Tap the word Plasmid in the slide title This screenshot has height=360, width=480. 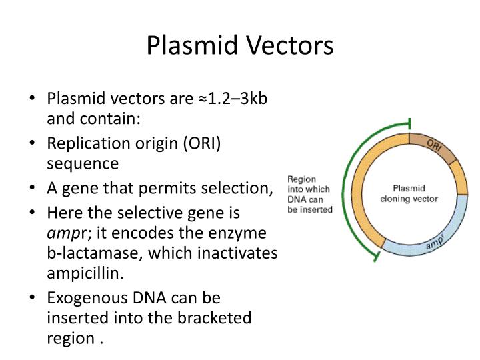189,46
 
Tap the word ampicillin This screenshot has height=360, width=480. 84,273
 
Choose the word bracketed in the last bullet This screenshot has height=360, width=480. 213,317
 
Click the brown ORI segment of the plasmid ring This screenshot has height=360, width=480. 433,149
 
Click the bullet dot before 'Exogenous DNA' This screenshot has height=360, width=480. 32,297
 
